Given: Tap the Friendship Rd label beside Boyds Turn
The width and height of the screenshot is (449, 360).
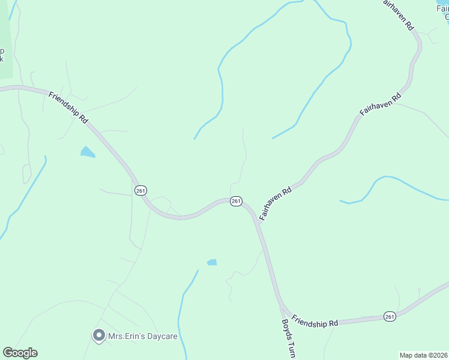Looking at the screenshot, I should tap(315, 320).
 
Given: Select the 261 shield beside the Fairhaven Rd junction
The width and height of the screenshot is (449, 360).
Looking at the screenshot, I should tap(236, 201).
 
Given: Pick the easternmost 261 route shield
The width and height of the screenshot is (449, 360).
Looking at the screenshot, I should tap(390, 316).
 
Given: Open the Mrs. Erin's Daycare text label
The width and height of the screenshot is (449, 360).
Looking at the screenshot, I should tap(142, 336).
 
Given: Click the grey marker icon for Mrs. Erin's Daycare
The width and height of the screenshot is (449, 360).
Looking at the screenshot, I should tap(98, 335).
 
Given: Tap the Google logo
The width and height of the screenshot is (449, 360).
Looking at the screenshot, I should tap(20, 353).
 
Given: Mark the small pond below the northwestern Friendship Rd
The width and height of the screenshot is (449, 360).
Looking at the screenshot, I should tap(88, 152).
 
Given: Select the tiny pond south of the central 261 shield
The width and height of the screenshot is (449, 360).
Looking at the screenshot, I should tap(212, 262).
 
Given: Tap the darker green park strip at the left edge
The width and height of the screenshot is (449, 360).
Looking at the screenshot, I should tap(5, 48).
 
